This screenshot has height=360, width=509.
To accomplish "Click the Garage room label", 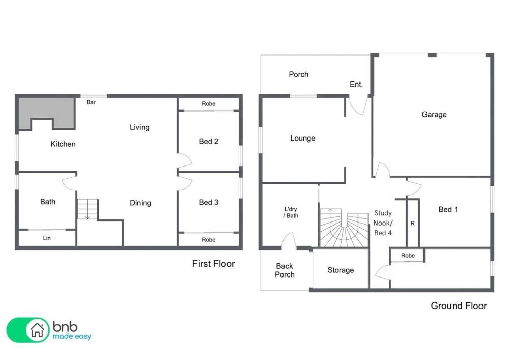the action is pos(434,114).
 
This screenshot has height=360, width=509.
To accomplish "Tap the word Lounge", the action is pos(302,139).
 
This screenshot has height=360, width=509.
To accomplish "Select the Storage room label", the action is pos(341,270).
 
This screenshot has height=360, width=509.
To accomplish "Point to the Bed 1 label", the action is pos(448,209).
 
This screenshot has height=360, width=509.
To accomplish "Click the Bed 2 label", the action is pos(208,141).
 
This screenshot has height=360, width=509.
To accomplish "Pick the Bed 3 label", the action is pos(208,202).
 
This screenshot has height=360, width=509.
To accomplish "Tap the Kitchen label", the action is pos(63,144).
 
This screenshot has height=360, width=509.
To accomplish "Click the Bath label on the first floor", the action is pos(48,202).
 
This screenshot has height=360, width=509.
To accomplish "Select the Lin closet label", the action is pos(47,238).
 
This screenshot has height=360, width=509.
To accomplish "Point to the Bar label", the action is pos(91,102).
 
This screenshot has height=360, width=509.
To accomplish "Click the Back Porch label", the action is pos(285,270).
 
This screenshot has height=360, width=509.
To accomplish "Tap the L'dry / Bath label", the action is pos(291,212).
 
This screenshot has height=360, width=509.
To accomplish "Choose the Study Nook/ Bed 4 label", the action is pos(383,223).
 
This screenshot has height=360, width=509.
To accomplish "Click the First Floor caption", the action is pos(213,264).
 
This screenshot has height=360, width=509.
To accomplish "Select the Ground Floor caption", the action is pos(459,306).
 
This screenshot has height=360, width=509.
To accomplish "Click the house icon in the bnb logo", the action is pos(37,330).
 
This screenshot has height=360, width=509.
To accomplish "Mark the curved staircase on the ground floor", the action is pos(344,228).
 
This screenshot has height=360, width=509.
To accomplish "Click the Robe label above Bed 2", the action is pos(208,103).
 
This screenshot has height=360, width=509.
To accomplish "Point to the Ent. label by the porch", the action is pos(356,85).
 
